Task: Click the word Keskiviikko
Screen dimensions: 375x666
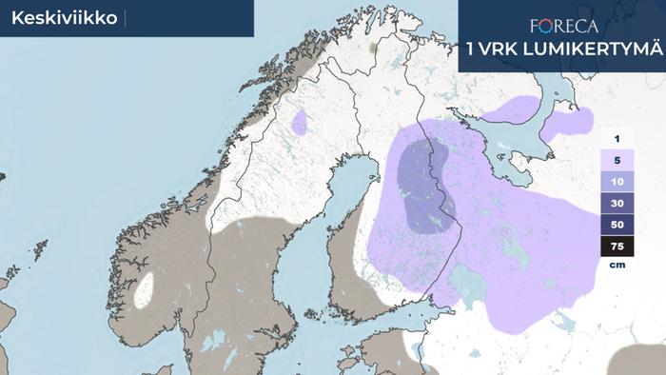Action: pyautogui.click(x=57, y=18)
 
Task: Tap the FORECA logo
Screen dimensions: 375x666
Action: pyautogui.click(x=563, y=26)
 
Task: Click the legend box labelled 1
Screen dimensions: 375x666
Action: pyautogui.click(x=617, y=139)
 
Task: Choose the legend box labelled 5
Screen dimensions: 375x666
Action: pyautogui.click(x=617, y=161)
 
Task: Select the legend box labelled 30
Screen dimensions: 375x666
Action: pyautogui.click(x=617, y=204)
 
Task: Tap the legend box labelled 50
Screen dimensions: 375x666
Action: pyautogui.click(x=617, y=226)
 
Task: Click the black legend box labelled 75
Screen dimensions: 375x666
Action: pyautogui.click(x=617, y=247)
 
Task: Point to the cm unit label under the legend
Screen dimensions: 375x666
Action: pyautogui.click(x=617, y=266)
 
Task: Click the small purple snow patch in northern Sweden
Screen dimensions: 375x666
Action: pyautogui.click(x=301, y=123)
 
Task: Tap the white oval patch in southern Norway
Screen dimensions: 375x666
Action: pyautogui.click(x=146, y=290)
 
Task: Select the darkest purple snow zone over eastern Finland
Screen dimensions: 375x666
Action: pyautogui.click(x=424, y=186)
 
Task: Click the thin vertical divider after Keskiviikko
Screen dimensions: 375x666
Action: pyautogui.click(x=125, y=18)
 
